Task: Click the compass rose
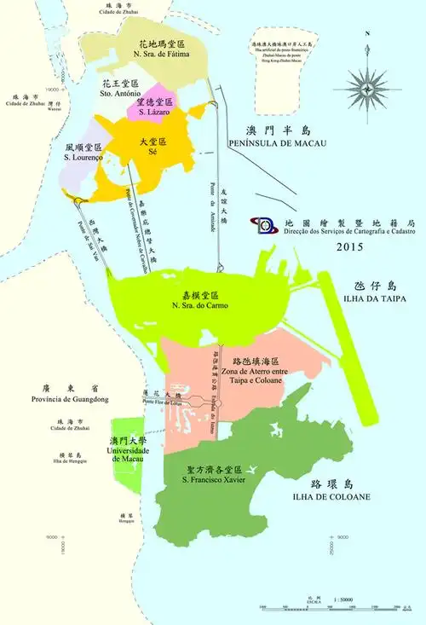pos(365,87)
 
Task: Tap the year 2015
pos(349,248)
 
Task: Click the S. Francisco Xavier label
pos(213,475)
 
